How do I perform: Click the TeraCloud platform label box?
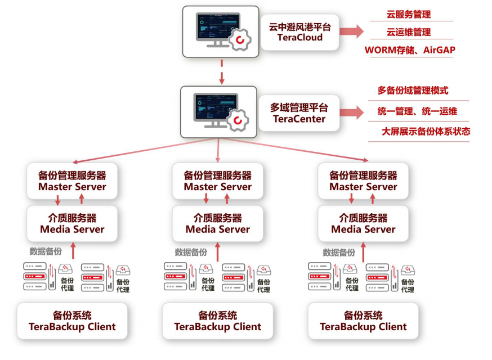(x=299, y=32)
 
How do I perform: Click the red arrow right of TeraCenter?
(x=352, y=112)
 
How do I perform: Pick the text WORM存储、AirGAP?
(x=410, y=50)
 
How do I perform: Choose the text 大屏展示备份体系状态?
(x=426, y=132)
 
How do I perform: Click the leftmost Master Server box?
(x=72, y=181)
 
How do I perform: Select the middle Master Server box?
(x=218, y=181)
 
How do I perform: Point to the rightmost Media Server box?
(x=363, y=223)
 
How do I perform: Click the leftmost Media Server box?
(x=72, y=223)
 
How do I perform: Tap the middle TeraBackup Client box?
(x=218, y=321)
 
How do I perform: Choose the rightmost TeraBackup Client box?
(x=363, y=321)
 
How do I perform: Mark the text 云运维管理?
(x=409, y=32)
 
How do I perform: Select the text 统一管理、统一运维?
(x=417, y=111)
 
